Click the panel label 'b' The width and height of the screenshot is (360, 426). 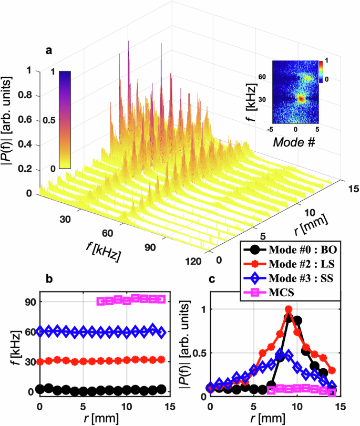tap(49, 281)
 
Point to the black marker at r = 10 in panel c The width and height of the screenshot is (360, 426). tap(297, 320)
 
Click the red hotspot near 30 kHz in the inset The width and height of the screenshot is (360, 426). tap(300, 98)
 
